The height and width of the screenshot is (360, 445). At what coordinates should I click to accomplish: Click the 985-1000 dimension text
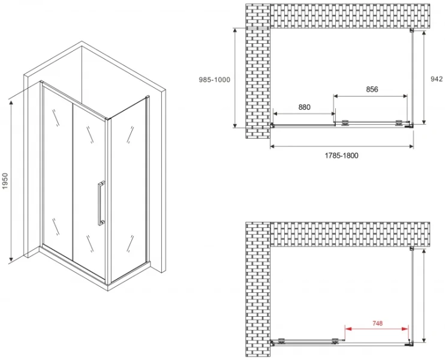pyautogui.click(x=214, y=80)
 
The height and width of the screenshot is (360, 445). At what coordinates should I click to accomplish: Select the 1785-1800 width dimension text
pyautogui.click(x=341, y=155)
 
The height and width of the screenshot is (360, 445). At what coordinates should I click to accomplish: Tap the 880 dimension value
pyautogui.click(x=304, y=107)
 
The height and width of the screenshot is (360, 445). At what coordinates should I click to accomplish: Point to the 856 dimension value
pyautogui.click(x=372, y=89)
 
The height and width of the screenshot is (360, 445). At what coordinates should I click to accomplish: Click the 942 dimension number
pyautogui.click(x=437, y=79)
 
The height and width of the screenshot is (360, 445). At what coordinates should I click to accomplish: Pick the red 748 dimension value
pyautogui.click(x=377, y=323)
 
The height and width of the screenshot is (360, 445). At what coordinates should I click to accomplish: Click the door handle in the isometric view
pyautogui.click(x=101, y=203)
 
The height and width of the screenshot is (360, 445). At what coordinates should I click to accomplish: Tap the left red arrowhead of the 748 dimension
pyautogui.click(x=348, y=329)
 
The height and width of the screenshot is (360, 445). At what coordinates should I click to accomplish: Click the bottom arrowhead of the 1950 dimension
pyautogui.click(x=11, y=258)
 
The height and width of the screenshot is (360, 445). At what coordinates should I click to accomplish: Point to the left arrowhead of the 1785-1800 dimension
pyautogui.click(x=273, y=146)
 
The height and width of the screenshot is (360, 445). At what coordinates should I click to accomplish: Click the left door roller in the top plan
pyautogui.click(x=345, y=122)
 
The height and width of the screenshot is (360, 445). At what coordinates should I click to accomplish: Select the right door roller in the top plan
pyautogui.click(x=399, y=122)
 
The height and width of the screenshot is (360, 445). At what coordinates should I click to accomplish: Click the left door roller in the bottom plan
pyautogui.click(x=281, y=341)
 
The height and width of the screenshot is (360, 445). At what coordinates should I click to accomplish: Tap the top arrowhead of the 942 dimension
pyautogui.click(x=423, y=34)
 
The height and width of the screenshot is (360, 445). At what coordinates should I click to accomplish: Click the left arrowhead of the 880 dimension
pyautogui.click(x=276, y=114)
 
